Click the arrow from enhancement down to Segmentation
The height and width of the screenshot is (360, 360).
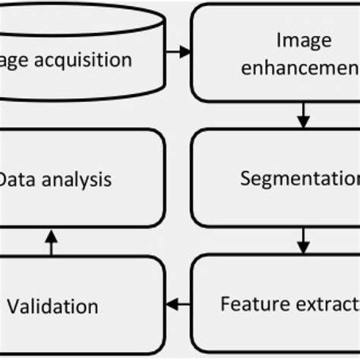[x=303, y=115]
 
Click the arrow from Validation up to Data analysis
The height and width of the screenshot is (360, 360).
[x=51, y=242]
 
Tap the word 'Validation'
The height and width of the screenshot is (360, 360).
[x=52, y=307]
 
